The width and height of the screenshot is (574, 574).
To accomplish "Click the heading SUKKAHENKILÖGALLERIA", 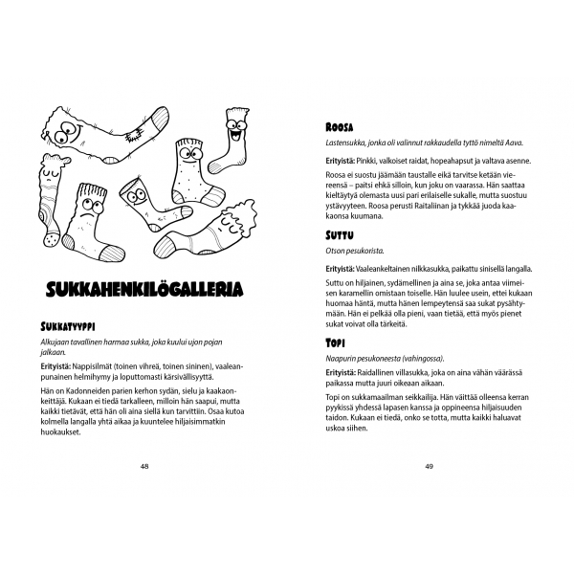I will pyautogui.click(x=143, y=288).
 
